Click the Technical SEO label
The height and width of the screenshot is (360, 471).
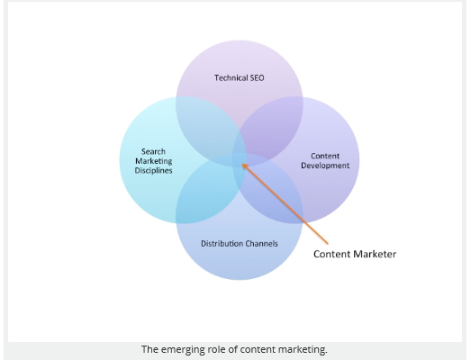pyautogui.click(x=240, y=78)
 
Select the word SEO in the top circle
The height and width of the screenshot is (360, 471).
pyautogui.click(x=258, y=78)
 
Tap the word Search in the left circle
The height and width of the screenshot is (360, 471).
pyautogui.click(x=153, y=151)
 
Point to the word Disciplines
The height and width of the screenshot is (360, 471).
pyautogui.click(x=153, y=170)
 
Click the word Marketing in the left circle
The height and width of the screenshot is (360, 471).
pyautogui.click(x=153, y=161)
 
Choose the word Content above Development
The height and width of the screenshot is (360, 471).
pyautogui.click(x=325, y=156)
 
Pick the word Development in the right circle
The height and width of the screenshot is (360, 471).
pyautogui.click(x=325, y=166)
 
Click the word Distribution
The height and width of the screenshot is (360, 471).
pyautogui.click(x=222, y=243)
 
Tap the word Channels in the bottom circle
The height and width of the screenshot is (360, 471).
pyautogui.click(x=262, y=243)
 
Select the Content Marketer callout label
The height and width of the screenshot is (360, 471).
pyautogui.click(x=355, y=254)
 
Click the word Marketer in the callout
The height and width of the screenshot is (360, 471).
pyautogui.click(x=375, y=254)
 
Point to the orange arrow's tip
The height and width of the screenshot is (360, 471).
pyautogui.click(x=242, y=164)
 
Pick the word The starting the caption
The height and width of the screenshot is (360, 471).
pyautogui.click(x=149, y=349)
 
